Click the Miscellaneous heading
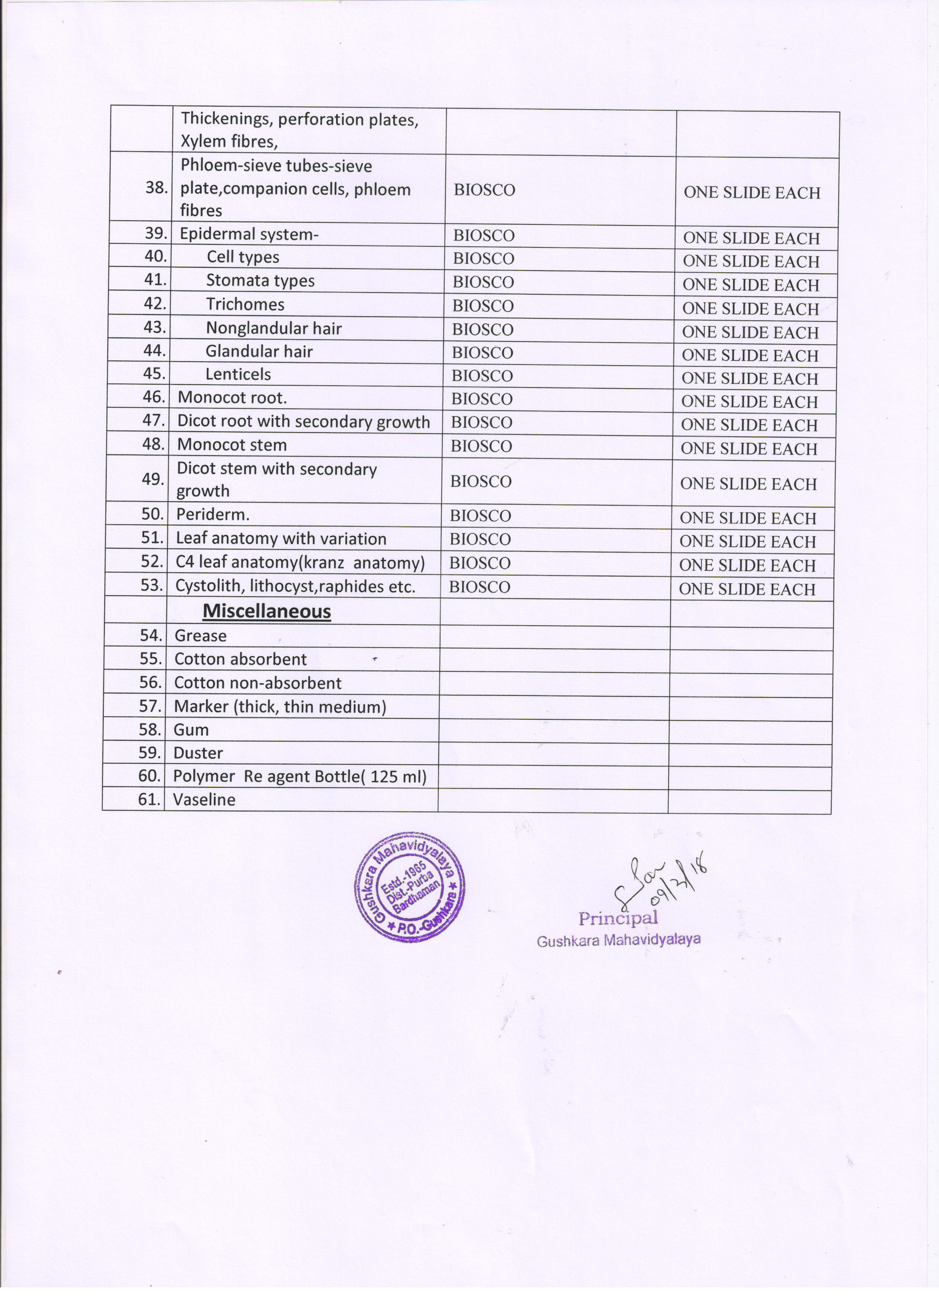(267, 611)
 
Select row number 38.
(156, 188)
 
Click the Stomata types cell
(260, 281)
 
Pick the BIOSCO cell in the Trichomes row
(483, 306)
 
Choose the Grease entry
(201, 635)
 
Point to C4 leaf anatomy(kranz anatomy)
(300, 563)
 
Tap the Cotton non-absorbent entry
(258, 683)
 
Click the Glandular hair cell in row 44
(259, 351)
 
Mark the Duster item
(198, 753)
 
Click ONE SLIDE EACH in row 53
(747, 589)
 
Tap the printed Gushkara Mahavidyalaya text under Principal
(618, 940)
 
